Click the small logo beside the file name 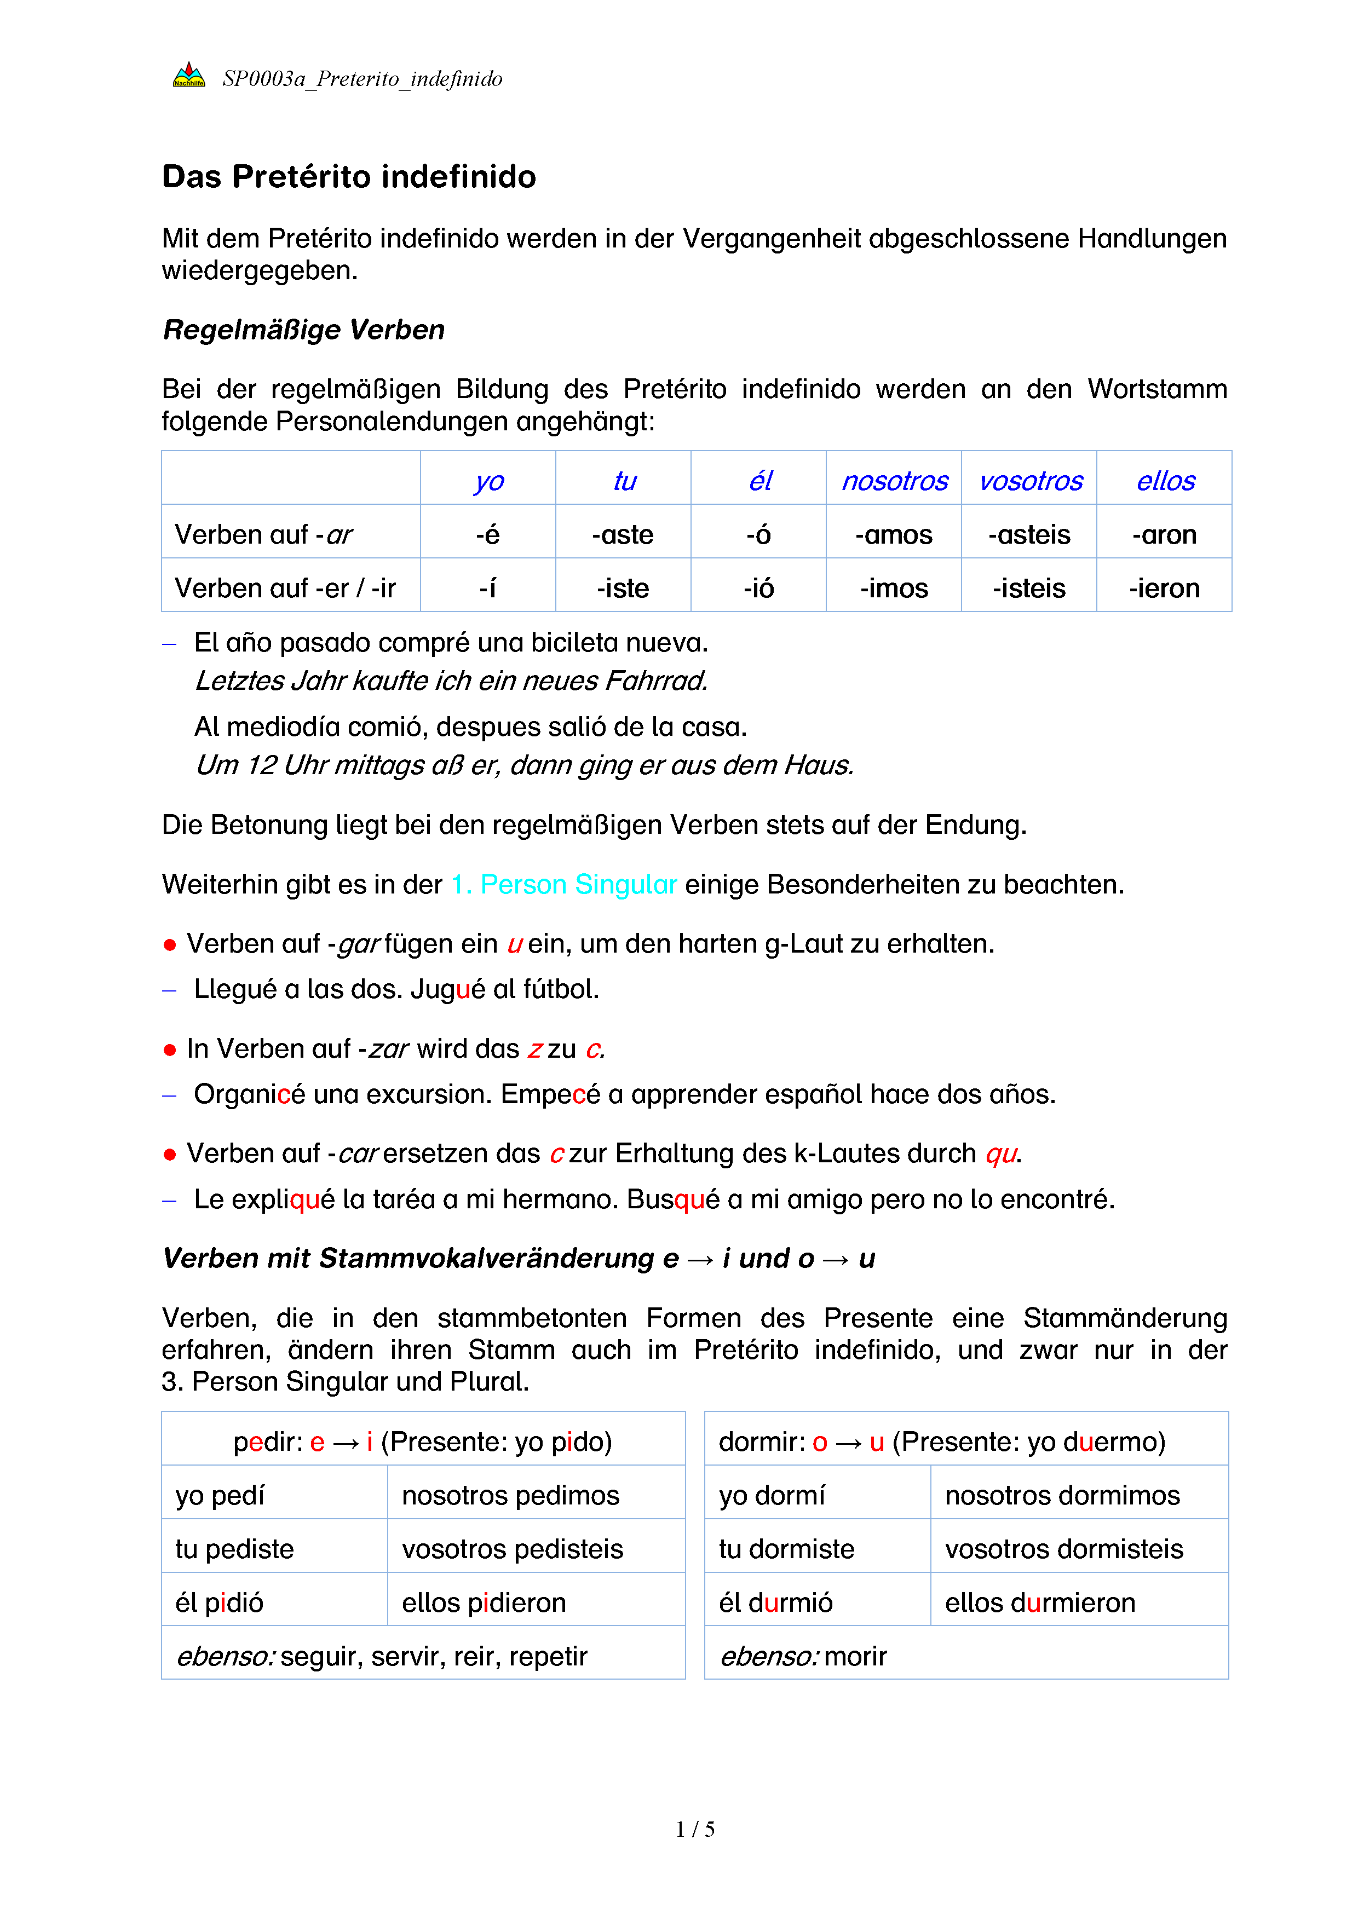[x=189, y=75]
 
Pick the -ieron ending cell [x=1164, y=588]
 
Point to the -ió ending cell [x=758, y=588]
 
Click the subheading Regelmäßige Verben [x=303, y=330]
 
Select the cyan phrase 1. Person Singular [x=563, y=884]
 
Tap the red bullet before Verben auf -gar [x=170, y=945]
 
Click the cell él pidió [x=220, y=1602]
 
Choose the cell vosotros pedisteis [x=512, y=1549]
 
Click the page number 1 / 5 [x=695, y=1830]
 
